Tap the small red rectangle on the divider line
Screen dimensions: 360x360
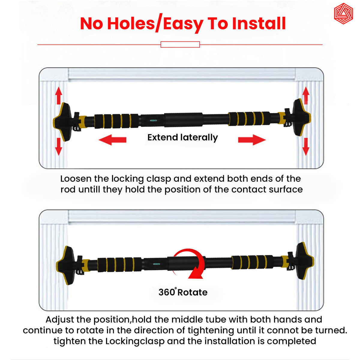pyautogui.click(x=180, y=45)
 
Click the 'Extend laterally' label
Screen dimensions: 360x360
pyautogui.click(x=182, y=137)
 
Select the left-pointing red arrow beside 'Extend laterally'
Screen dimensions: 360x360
pyautogui.click(x=112, y=139)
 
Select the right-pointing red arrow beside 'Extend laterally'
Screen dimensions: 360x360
pyautogui.click(x=252, y=139)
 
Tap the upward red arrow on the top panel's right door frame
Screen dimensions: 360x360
pyautogui.click(x=306, y=95)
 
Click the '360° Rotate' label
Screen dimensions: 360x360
pyautogui.click(x=183, y=292)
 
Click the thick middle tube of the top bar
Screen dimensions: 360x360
pyautogui.click(x=183, y=120)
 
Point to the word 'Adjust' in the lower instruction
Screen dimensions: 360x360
pyautogui.click(x=60, y=319)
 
